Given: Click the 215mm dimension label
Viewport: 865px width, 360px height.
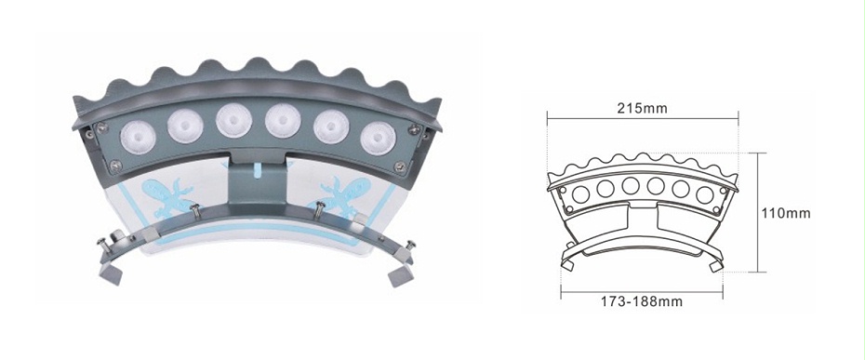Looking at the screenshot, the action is click(642, 108).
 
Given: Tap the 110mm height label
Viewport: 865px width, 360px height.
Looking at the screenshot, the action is click(786, 213).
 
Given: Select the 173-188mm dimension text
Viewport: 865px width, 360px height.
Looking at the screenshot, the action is click(642, 301).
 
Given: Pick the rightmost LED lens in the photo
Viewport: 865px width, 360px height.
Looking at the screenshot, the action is click(378, 138).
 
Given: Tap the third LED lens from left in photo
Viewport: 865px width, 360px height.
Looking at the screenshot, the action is click(233, 121).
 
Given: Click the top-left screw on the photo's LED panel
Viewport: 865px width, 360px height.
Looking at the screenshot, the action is click(101, 128).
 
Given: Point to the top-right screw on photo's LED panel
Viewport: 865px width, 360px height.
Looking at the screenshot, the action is click(414, 129).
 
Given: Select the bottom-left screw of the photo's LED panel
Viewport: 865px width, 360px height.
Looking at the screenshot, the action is click(115, 165).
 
